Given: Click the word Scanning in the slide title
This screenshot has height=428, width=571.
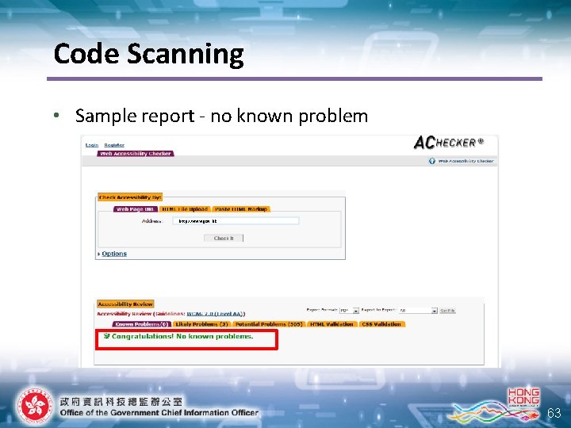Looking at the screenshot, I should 194,55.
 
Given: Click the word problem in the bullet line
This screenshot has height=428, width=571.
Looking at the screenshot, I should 333,116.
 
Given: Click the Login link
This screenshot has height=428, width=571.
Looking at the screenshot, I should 92,145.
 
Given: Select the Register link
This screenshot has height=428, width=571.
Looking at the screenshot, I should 114,145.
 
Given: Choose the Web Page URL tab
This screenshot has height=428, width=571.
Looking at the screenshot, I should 135,209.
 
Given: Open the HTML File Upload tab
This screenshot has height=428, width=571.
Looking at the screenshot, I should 184,209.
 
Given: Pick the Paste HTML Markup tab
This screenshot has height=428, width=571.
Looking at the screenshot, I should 242,209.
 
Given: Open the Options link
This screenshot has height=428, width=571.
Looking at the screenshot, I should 113,254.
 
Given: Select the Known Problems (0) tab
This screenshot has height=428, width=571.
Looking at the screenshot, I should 141,324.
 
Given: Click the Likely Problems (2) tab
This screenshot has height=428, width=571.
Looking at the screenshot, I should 201,324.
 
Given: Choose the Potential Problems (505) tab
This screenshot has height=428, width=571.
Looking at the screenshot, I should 268,324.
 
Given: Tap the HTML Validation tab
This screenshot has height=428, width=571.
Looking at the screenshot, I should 332,324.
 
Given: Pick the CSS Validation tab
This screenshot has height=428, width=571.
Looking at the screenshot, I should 382,324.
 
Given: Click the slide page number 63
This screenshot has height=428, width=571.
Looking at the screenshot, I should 554,413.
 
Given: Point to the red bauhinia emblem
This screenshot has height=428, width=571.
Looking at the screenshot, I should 32,407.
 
